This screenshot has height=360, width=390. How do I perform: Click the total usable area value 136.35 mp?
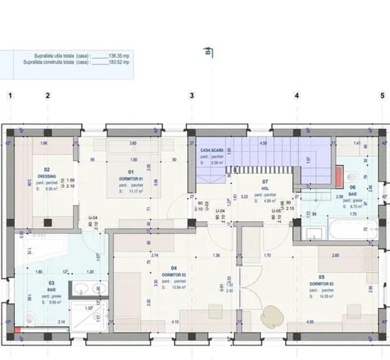tap(119, 56)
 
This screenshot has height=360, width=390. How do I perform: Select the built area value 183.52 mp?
tap(119, 63)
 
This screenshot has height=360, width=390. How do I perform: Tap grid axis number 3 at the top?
tap(192, 96)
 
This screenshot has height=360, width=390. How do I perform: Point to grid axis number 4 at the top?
tap(297, 96)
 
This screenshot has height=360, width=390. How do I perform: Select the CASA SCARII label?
tap(212, 149)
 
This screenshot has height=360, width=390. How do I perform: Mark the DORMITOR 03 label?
tap(321, 282)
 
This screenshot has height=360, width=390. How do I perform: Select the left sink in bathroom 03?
tap(81, 289)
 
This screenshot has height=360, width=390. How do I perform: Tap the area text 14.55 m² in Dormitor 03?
tap(321, 296)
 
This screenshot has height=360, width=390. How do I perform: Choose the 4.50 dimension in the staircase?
tap(263, 143)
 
